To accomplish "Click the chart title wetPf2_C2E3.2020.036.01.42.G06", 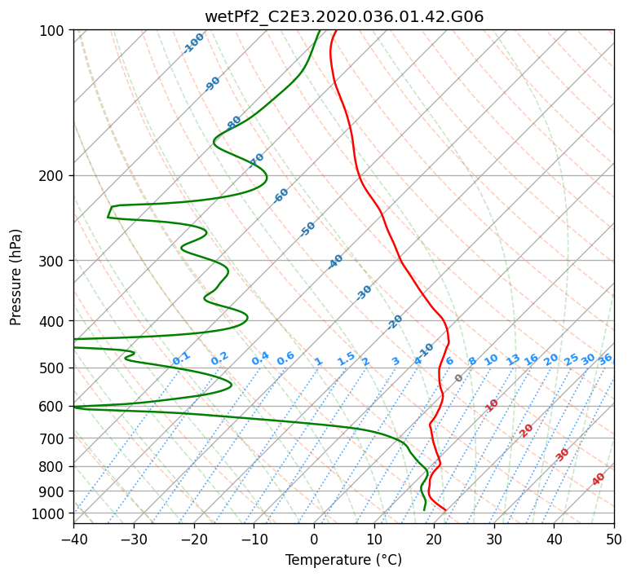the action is point(344,16).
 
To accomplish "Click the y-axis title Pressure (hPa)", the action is point(15,277).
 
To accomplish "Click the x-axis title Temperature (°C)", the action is point(344,560).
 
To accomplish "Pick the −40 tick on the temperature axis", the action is point(73,539).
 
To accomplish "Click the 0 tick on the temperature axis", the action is point(315,539).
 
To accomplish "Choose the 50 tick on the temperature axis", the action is point(615,539).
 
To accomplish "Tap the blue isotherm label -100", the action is point(193,43).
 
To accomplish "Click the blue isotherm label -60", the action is point(281,196).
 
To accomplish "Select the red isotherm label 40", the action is point(598,479).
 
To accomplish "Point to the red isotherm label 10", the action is point(492,405).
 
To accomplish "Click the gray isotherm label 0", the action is point(458,378).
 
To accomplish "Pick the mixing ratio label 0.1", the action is point(181,359).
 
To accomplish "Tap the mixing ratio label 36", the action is point(605,359).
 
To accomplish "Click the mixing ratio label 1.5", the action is point(347,359).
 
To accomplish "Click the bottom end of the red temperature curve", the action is point(445,510).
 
